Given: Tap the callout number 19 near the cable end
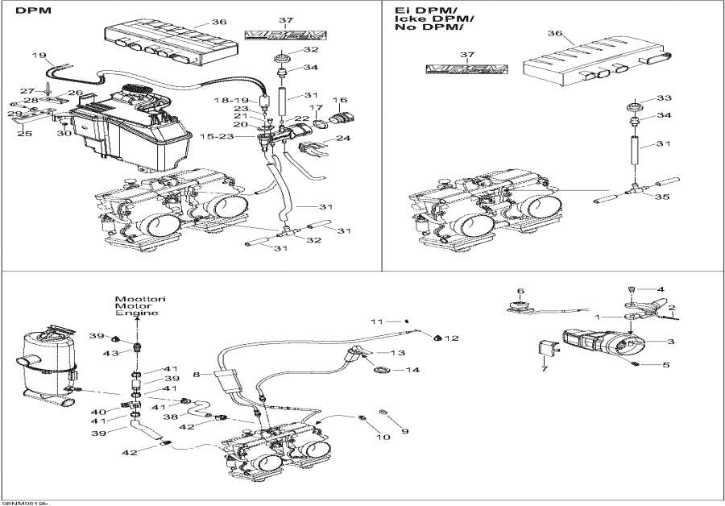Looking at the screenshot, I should point(38,56).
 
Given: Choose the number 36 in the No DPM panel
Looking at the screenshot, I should point(554,33).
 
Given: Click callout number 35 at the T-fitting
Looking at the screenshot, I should point(661,196).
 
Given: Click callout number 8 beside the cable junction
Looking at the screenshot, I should point(196,374).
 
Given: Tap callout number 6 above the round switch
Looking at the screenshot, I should point(520,291).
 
